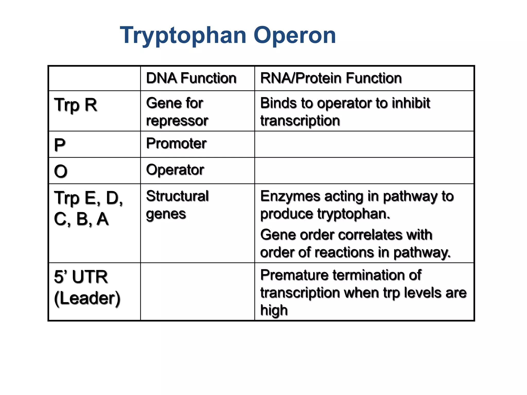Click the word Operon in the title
click(295, 35)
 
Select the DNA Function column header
click(191, 78)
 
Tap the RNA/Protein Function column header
click(331, 78)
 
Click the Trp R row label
click(75, 105)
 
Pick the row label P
click(60, 145)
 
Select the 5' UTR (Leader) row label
click(87, 288)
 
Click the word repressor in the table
click(177, 121)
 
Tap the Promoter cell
click(176, 143)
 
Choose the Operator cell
click(175, 170)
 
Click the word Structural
click(177, 196)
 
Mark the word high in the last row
click(274, 310)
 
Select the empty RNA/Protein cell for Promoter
click(364, 144)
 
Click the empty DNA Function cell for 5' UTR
click(197, 292)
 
